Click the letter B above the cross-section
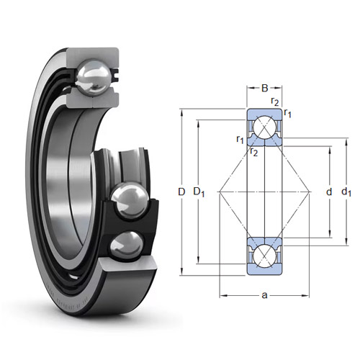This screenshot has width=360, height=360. (x=264, y=88)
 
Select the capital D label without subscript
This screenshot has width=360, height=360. (x=181, y=192)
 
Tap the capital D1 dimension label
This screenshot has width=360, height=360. (x=199, y=192)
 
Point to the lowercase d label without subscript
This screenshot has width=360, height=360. (x=329, y=192)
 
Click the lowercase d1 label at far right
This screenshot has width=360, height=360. (x=346, y=192)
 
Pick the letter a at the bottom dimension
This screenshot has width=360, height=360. (x=264, y=295)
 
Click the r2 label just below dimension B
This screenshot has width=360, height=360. (x=275, y=102)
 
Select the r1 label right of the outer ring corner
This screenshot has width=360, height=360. (x=287, y=113)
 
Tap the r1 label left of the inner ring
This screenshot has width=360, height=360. (x=240, y=140)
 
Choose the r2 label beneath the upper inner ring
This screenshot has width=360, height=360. (x=253, y=152)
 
